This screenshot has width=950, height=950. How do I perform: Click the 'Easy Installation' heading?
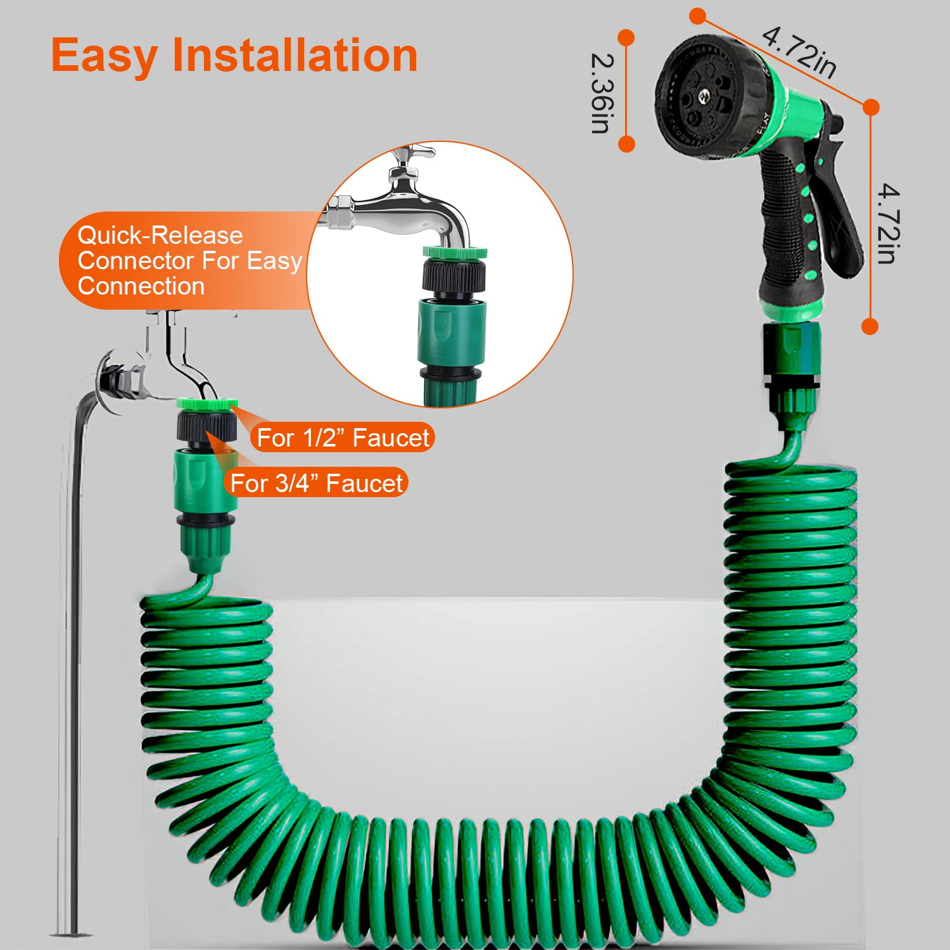[234, 56]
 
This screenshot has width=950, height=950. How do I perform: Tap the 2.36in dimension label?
[600, 93]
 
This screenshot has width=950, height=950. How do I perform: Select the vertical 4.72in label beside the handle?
[888, 223]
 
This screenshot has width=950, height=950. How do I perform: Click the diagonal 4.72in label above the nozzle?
[799, 52]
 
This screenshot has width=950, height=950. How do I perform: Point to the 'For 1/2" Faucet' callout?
[343, 438]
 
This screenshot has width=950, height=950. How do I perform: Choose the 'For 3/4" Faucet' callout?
[316, 483]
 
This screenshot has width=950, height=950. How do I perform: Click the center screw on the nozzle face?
[703, 97]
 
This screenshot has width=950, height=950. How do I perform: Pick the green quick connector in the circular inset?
[452, 332]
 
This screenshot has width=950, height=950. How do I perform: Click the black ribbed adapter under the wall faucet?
[206, 426]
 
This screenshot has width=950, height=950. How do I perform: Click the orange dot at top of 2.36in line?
[626, 37]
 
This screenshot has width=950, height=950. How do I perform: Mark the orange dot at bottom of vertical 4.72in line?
[870, 326]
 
